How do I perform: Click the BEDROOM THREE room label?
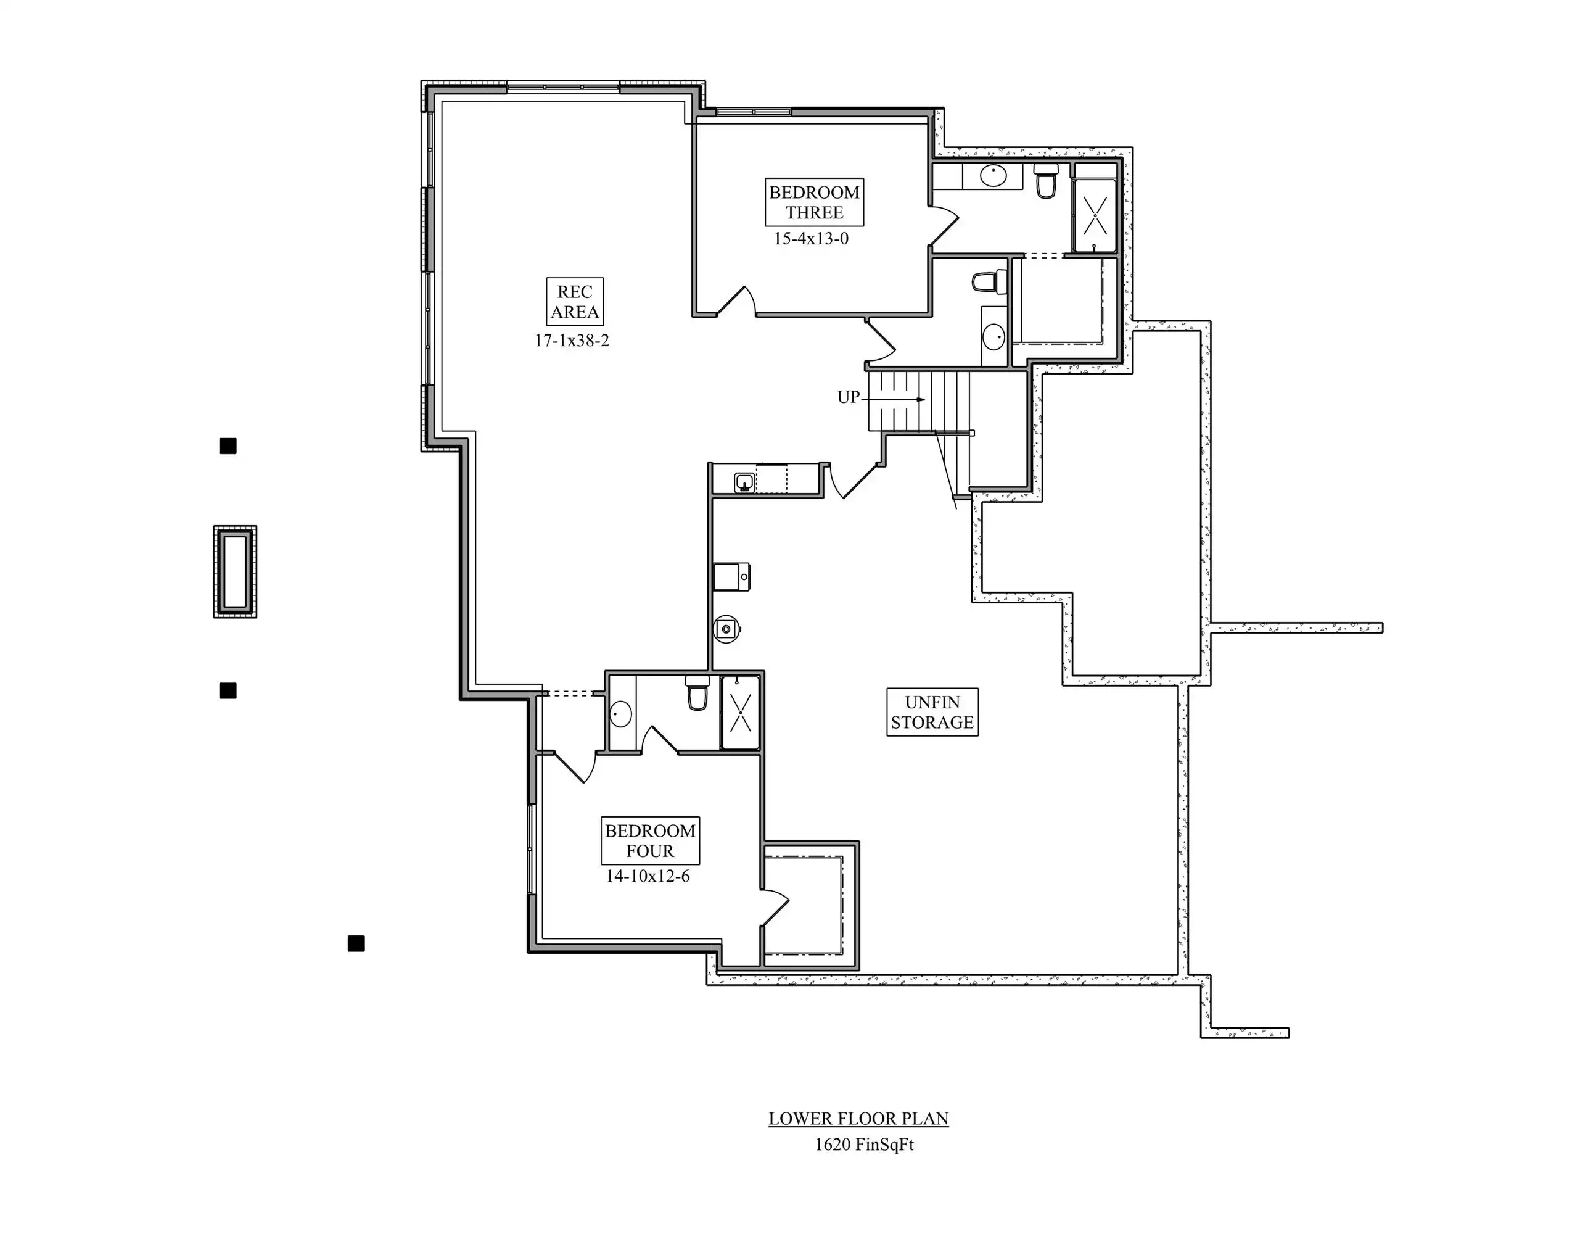[x=814, y=202]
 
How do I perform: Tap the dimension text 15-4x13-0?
[x=811, y=239]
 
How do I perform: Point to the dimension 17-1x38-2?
[x=572, y=341]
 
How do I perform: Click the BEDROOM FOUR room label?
[x=649, y=841]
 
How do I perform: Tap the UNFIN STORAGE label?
[x=932, y=712]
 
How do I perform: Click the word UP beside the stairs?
[x=848, y=397]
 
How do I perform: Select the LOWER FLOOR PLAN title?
[x=858, y=1119]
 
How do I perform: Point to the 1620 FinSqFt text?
[x=865, y=1145]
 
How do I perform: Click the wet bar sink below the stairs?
[x=744, y=482]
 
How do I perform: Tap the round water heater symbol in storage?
[x=727, y=628]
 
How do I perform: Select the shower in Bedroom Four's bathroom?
[x=740, y=713]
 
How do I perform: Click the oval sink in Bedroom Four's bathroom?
[x=621, y=713]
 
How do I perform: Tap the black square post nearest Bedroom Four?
[x=356, y=944]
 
